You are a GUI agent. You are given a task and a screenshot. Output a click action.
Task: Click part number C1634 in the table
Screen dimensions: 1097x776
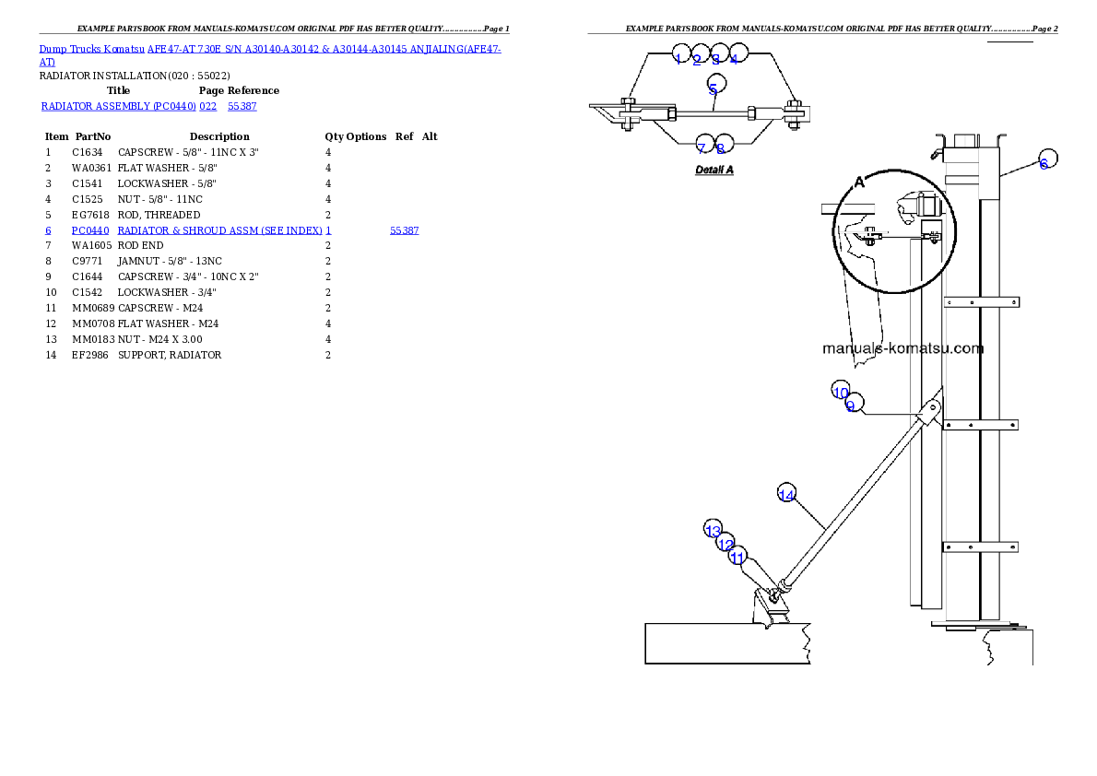[x=87, y=153]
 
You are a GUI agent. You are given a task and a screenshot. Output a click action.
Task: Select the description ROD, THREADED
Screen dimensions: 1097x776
[x=159, y=215]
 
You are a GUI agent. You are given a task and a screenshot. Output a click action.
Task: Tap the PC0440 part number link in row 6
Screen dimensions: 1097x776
[x=90, y=231]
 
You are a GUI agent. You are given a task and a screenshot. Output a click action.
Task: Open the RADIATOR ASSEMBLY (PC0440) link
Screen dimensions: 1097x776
[x=118, y=106]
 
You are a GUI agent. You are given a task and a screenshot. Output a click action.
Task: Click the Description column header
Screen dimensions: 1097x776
[x=219, y=136]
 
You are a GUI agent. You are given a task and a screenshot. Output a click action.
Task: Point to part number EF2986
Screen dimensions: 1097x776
[x=90, y=356]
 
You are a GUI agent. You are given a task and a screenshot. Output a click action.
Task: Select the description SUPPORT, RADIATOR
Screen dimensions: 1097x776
[x=170, y=356]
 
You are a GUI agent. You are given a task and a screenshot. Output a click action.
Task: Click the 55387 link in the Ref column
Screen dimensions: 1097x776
[x=405, y=231]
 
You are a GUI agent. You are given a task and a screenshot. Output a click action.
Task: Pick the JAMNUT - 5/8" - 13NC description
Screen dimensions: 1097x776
[x=170, y=261]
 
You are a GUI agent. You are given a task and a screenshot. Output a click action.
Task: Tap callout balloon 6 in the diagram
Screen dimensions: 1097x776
[x=1046, y=159]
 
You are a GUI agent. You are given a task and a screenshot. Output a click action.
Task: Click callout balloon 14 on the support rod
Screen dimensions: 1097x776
[x=787, y=493]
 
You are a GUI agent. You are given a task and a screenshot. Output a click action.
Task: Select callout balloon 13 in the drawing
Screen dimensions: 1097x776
[x=713, y=529]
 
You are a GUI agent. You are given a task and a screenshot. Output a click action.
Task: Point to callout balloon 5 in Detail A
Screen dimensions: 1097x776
[x=716, y=84]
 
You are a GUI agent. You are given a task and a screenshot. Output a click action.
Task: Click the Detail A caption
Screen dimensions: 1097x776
[x=714, y=170]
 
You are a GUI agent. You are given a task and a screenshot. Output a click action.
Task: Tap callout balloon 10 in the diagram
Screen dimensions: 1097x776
[x=840, y=391]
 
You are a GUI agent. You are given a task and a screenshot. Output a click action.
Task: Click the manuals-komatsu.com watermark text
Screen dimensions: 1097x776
[x=902, y=348]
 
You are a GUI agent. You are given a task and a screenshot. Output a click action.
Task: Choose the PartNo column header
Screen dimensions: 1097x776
[x=93, y=136]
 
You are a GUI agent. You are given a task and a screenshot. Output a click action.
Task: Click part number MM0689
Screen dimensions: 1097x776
[x=93, y=308]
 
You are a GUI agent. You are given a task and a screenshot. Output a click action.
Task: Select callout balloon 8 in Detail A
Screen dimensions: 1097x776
[x=724, y=144]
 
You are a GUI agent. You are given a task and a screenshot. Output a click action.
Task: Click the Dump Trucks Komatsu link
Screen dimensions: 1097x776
[x=91, y=50]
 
